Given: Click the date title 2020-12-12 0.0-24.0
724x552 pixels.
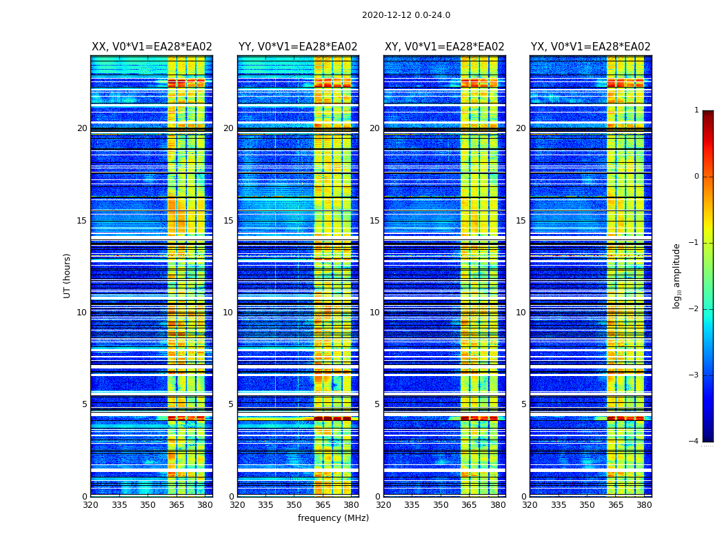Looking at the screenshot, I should pos(405,15).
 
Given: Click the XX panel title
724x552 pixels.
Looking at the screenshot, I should pos(152,47).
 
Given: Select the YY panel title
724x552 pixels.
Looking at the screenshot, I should pos(298,47).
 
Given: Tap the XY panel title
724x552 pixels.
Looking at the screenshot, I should pos(444,47).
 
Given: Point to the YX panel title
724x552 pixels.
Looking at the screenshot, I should pos(590,47).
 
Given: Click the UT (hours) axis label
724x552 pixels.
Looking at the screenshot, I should pos(68,275).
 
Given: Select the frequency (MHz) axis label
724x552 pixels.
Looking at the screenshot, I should pos(333,518).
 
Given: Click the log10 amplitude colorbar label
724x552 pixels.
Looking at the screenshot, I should pos(677,275).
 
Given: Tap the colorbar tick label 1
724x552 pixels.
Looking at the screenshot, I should pos(696,110).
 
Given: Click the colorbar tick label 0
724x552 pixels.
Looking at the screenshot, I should pos(696,177).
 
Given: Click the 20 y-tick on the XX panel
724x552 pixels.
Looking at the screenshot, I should pos(82,128).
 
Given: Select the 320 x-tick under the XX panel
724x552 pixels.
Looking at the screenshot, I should pos(91,505).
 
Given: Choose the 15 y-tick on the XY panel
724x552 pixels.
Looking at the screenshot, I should pos(374,221).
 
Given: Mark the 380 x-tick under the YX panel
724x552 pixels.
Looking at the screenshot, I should pos(644,505).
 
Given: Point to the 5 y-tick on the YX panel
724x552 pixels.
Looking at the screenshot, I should pos(523,404).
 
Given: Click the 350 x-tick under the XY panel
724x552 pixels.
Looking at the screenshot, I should pos(441,505).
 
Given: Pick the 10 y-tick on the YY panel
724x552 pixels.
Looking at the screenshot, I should pos(228,313).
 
